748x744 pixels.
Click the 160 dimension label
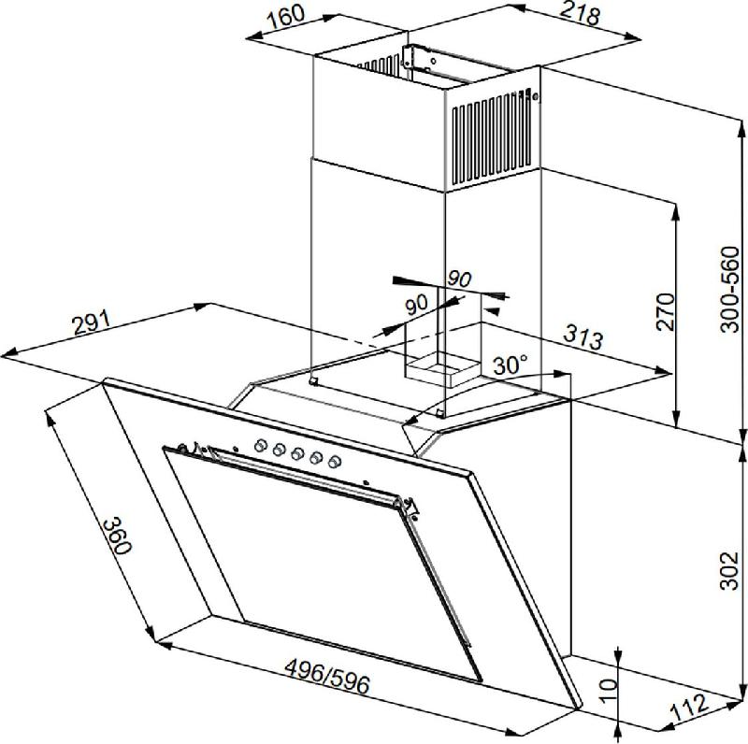pyautogui.click(x=285, y=15)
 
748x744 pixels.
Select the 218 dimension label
pyautogui.click(x=580, y=14)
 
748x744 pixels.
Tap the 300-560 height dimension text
pyautogui.click(x=730, y=289)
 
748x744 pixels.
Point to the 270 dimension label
pyautogui.click(x=665, y=312)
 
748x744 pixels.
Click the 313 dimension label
pyautogui.click(x=583, y=337)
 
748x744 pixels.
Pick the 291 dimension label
pyautogui.click(x=91, y=322)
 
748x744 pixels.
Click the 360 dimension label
pyautogui.click(x=117, y=536)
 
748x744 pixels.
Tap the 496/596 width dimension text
pyautogui.click(x=327, y=677)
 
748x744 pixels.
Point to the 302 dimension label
pyautogui.click(x=729, y=571)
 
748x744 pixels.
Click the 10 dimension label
pyautogui.click(x=609, y=691)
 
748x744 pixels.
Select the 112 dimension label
pyautogui.click(x=689, y=708)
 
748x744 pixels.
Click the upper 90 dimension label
pyautogui.click(x=459, y=279)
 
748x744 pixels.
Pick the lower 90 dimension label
pyautogui.click(x=416, y=304)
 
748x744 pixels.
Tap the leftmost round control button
pyautogui.click(x=260, y=446)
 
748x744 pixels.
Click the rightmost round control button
pyautogui.click(x=335, y=461)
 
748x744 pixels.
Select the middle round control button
pyautogui.click(x=297, y=453)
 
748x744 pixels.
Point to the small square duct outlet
pyautogui.click(x=441, y=367)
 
